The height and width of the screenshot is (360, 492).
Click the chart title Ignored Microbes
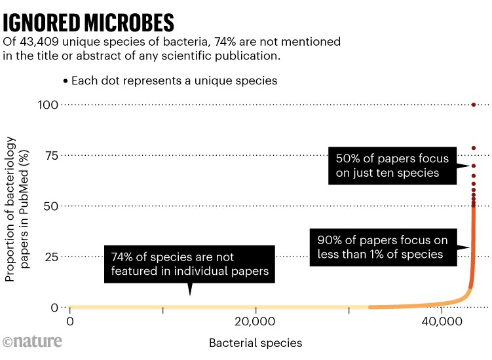point(89,22)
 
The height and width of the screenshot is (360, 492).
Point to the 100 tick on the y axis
point(50,105)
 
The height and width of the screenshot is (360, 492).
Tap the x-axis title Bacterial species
point(255,342)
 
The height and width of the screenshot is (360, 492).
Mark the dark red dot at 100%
point(473,105)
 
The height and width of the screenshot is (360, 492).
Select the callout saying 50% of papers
point(392,166)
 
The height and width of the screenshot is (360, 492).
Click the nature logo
point(32,341)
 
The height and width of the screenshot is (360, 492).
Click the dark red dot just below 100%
point(473,149)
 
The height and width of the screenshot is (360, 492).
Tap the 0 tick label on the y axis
point(57,306)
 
